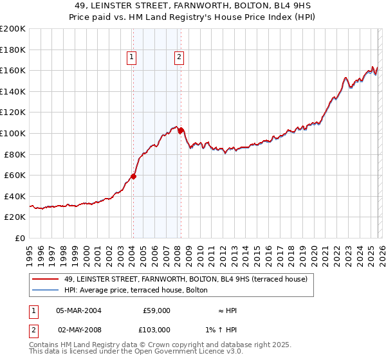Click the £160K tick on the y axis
point(13,70)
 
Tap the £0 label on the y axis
point(20,239)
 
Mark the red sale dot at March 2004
point(134,176)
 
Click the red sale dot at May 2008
point(181,130)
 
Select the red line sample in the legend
point(45,279)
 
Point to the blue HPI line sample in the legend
point(45,290)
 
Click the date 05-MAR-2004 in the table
point(78,310)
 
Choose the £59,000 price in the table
point(155,310)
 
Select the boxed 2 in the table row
point(33,329)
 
